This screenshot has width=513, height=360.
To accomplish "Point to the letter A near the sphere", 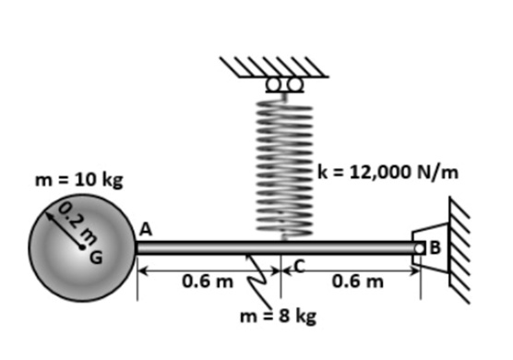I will tap(145, 228).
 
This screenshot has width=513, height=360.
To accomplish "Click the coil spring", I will tap(281, 166).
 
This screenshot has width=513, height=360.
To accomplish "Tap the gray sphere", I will tap(65, 268).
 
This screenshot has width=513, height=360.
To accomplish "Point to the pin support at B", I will tap(425, 246).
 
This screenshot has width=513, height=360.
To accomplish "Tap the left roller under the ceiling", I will tap(271, 86).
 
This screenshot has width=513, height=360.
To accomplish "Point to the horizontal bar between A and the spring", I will tap(208, 246).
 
